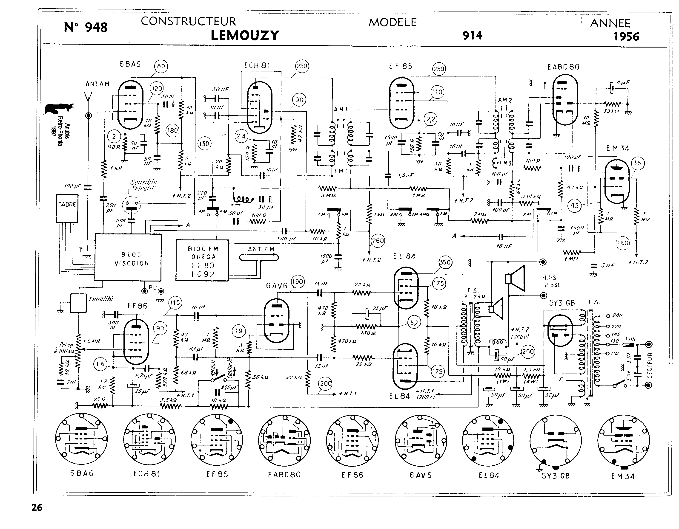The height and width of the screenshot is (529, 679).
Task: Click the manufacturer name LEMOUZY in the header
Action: [x=245, y=35]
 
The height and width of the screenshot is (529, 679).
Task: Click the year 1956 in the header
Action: [x=626, y=37]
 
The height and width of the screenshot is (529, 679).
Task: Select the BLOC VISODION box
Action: [x=128, y=257]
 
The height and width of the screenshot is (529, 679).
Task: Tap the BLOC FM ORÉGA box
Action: [x=202, y=260]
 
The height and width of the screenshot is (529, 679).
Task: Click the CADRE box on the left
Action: [x=67, y=208]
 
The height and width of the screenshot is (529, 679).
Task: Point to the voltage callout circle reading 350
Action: [x=445, y=262]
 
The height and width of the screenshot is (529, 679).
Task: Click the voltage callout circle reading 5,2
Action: [x=414, y=323]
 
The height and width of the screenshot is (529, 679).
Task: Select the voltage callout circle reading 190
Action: [x=298, y=281]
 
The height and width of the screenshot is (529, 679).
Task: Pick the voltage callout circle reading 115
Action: [x=175, y=303]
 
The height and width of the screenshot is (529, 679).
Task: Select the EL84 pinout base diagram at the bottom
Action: [x=488, y=440]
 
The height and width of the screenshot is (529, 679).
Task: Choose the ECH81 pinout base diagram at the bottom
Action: [x=149, y=440]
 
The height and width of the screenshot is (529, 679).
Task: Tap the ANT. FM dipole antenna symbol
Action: [x=259, y=258]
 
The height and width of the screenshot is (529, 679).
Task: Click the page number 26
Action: [x=37, y=508]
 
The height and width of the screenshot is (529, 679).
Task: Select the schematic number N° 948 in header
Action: [x=86, y=27]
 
